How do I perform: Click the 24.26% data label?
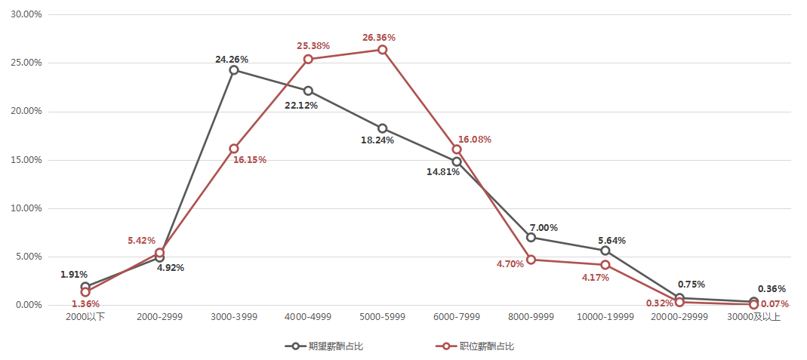232,59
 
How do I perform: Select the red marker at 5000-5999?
383,50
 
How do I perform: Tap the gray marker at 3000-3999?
234,70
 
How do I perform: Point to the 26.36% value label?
379,37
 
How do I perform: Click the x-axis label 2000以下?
85,317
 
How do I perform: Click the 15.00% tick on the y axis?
26,160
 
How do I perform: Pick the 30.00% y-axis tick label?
26,15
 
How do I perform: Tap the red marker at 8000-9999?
531,260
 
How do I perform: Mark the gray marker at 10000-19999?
605,251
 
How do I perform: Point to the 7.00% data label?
544,227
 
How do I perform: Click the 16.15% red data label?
250,160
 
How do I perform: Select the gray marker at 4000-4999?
308,91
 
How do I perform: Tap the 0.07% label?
775,304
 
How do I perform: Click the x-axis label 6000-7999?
457,317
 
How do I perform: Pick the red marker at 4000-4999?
308,59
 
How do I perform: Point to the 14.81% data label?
442,171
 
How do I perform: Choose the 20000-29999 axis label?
680,317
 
